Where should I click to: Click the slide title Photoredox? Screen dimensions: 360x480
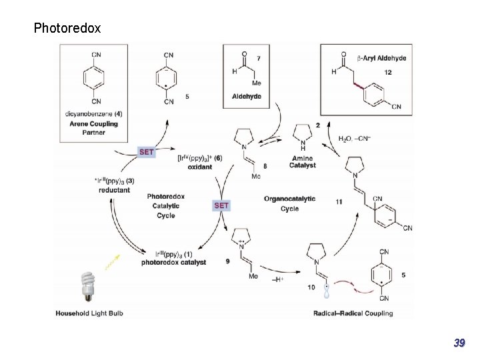(x=67, y=28)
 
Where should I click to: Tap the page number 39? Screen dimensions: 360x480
(x=459, y=343)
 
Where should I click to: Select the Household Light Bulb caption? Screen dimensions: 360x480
(x=89, y=313)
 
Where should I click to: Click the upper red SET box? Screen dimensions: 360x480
(x=147, y=152)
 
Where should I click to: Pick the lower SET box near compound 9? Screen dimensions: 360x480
(x=221, y=205)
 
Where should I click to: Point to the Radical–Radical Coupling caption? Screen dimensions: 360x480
(x=353, y=313)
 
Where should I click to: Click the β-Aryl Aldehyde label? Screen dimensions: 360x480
(x=382, y=58)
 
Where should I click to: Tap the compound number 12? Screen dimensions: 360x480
(x=388, y=72)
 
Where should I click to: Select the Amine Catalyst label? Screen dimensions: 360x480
(x=303, y=161)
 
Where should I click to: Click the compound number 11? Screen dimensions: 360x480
(x=339, y=201)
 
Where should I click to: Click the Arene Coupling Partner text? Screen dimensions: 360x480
(x=94, y=128)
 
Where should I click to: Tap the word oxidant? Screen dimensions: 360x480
(x=199, y=167)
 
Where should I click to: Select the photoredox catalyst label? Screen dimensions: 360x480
(x=173, y=263)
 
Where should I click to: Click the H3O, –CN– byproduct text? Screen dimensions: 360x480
(x=357, y=139)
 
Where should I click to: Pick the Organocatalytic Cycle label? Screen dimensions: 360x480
(x=289, y=203)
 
